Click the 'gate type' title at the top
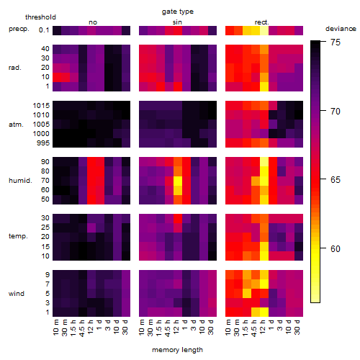[178, 12]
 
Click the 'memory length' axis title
[177, 350]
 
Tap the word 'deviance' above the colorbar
[341, 29]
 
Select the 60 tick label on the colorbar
[336, 248]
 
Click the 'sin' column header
[177, 22]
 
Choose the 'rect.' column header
[261, 22]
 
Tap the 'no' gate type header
[93, 22]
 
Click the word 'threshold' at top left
[40, 17]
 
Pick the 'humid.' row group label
[20, 181]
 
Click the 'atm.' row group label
[16, 125]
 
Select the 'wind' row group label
[17, 294]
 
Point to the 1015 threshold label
[41, 106]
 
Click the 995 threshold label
[43, 143]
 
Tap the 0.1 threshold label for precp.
[44, 30]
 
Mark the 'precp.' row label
[19, 29]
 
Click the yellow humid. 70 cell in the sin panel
[178, 181]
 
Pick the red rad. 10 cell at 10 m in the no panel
[57, 78]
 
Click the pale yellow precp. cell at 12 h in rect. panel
[264, 31]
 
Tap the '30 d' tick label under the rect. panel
[297, 327]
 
